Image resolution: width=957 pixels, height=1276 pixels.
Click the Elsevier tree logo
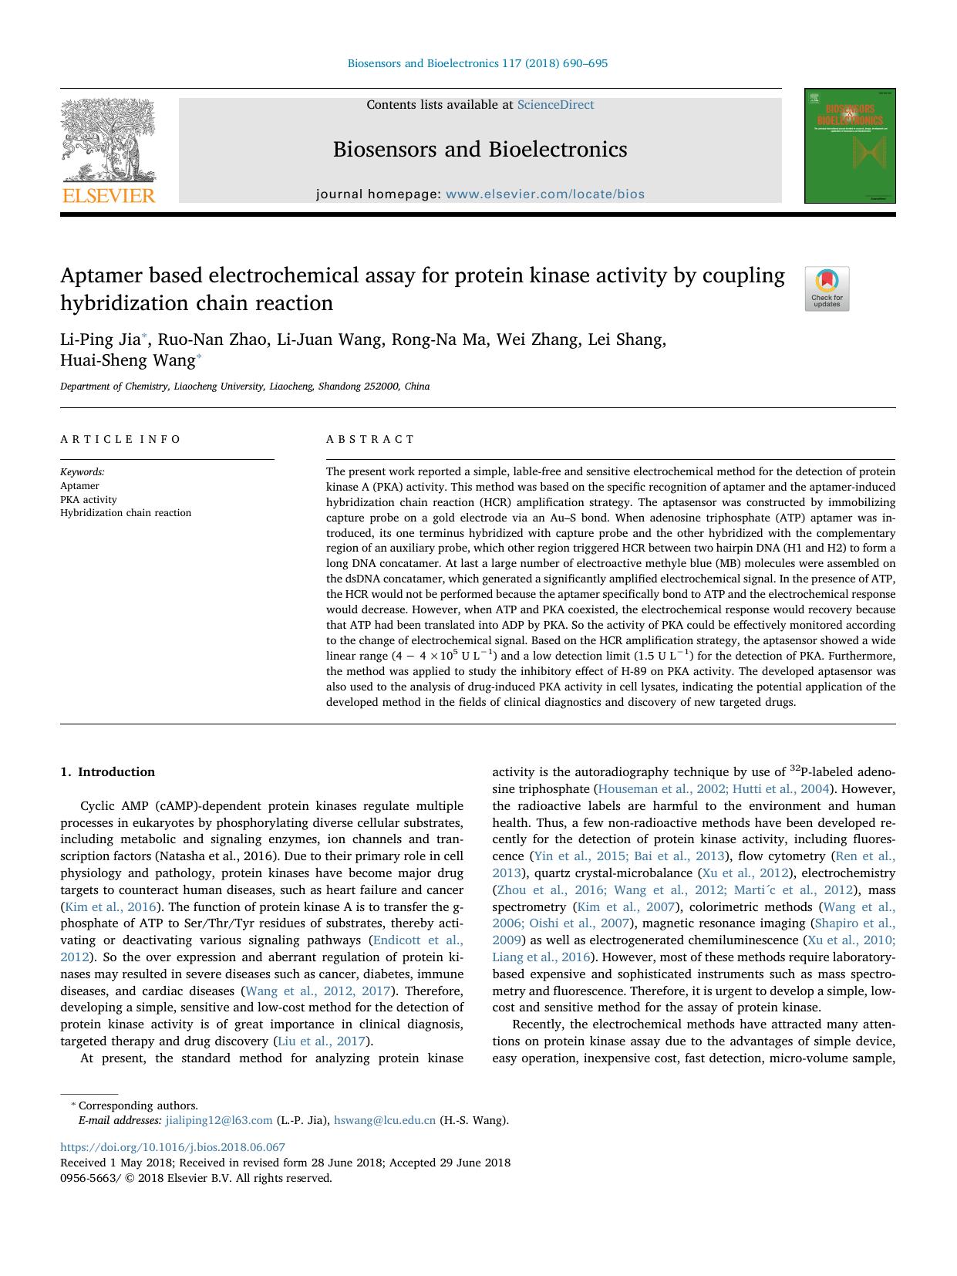(x=108, y=140)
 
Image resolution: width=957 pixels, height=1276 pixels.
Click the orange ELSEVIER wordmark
(x=109, y=196)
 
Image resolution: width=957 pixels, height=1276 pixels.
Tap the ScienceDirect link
(x=555, y=105)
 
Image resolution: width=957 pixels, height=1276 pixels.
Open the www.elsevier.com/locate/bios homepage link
(x=544, y=194)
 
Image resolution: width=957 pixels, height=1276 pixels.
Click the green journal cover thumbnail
(x=850, y=146)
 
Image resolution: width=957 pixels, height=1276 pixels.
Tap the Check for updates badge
(x=827, y=289)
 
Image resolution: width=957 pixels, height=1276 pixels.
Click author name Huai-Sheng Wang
(x=127, y=360)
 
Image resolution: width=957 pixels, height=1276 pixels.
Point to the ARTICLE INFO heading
(x=121, y=439)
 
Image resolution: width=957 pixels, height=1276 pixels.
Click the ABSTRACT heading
(x=370, y=439)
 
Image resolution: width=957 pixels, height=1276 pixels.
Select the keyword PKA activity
(x=89, y=499)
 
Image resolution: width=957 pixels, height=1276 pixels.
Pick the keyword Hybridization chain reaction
(x=126, y=513)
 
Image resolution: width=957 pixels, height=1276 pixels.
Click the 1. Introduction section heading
(x=108, y=772)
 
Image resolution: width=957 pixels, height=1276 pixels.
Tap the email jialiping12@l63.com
(x=219, y=1120)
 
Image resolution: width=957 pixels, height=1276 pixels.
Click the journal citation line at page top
(x=477, y=63)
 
